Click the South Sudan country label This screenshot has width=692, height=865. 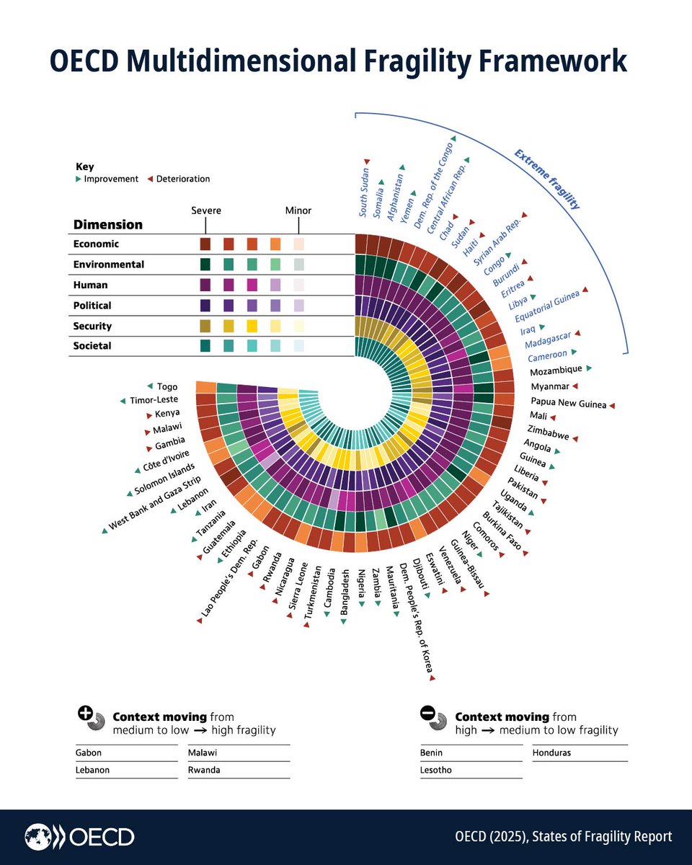coord(365,189)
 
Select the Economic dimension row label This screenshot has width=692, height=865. coord(96,244)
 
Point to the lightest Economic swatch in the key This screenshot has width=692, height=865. coord(298,244)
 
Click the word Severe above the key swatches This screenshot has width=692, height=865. coord(205,210)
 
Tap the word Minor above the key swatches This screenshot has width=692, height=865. coord(298,210)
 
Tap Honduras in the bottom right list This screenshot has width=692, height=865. coord(553,753)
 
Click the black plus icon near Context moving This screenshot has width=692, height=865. coord(84,714)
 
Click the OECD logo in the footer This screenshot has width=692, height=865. coord(80,837)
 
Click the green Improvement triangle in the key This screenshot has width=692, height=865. coord(79,179)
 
